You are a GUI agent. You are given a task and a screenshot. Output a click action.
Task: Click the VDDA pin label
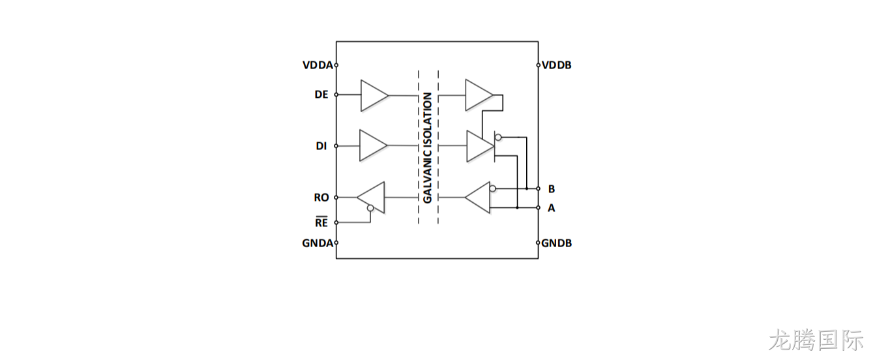point(318,65)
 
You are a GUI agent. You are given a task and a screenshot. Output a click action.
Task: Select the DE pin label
point(321,95)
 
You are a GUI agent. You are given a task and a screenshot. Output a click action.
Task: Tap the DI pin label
point(321,146)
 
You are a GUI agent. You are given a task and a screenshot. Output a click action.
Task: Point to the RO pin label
point(321,198)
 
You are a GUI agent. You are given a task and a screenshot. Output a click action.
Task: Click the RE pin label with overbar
point(321,222)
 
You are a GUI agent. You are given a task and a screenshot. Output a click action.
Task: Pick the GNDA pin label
point(318,243)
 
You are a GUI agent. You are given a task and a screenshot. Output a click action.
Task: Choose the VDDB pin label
point(556,65)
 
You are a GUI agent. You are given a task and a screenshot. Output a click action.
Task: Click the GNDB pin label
point(556,243)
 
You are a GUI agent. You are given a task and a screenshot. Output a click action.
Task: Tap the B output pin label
point(551,189)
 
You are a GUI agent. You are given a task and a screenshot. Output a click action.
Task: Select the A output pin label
point(551,208)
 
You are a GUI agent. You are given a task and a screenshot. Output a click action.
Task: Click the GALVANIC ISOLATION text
point(428,148)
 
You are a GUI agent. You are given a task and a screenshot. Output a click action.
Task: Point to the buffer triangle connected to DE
point(374,95)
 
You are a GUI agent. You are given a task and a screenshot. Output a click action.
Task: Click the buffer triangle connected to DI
point(373,145)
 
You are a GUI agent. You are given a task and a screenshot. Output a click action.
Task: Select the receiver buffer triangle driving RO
point(371,198)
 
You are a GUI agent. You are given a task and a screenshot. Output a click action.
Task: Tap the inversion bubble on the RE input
point(370,208)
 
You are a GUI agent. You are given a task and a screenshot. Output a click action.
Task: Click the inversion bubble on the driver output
point(498,137)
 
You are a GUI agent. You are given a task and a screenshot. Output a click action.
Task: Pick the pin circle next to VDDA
point(336,65)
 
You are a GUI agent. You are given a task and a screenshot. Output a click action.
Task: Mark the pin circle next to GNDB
point(538,243)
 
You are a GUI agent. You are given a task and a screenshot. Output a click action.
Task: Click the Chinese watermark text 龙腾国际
point(816,340)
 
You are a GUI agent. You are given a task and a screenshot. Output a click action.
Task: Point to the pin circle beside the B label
point(538,188)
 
